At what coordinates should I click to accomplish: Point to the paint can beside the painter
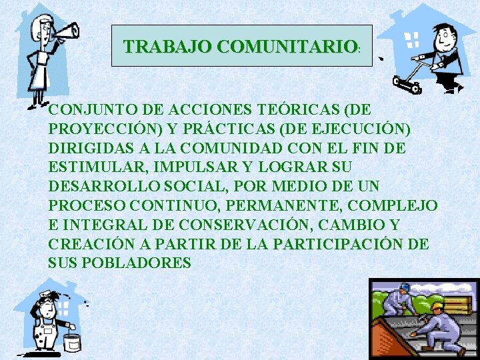point(71,340)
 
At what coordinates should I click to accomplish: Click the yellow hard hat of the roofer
point(437,307)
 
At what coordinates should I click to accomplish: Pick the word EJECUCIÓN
point(367,128)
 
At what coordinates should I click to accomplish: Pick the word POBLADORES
point(136,263)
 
